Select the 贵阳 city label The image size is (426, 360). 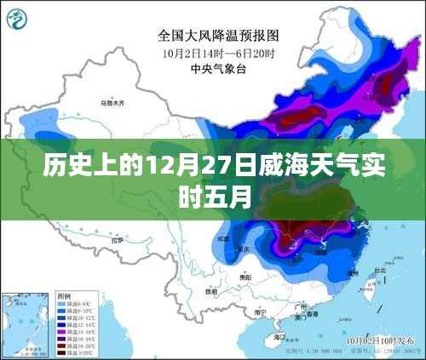(x=247, y=277)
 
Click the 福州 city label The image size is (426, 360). (x=352, y=277)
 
